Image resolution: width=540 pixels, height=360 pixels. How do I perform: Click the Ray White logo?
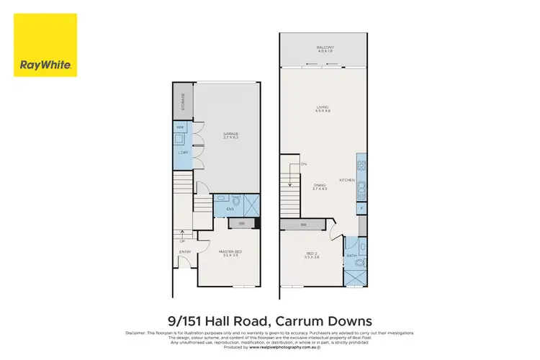tap(46, 45)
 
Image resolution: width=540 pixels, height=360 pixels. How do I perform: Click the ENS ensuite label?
tap(230, 210)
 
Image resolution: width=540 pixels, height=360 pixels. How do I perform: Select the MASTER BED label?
tap(230, 253)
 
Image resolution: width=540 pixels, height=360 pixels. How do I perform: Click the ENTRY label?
tap(184, 251)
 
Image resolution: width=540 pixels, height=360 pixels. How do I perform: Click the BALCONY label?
tap(325, 49)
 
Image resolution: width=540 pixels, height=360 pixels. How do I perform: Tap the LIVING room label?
tap(322, 109)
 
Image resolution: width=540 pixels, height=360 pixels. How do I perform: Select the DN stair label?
tap(304, 165)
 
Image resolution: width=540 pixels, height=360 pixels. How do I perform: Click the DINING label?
tap(320, 186)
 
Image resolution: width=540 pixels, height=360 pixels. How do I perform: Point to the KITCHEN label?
tap(348, 180)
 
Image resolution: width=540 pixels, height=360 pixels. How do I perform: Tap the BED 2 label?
tap(312, 255)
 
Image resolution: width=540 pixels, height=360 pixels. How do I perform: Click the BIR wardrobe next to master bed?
tap(241, 224)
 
